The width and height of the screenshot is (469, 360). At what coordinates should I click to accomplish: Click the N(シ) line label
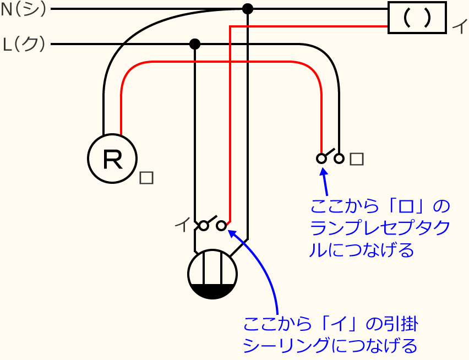pyautogui.click(x=24, y=9)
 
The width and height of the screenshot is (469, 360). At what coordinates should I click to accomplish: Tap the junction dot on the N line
pyautogui.click(x=248, y=9)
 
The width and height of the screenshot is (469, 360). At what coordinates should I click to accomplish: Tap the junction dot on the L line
pyautogui.click(x=194, y=44)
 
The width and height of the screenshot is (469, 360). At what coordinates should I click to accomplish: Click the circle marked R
pyautogui.click(x=112, y=159)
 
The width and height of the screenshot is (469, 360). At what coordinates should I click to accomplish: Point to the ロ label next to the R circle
pyautogui.click(x=146, y=178)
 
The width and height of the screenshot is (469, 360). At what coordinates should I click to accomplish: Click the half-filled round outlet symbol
pyautogui.click(x=212, y=274)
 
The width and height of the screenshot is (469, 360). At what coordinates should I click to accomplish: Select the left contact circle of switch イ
pyautogui.click(x=204, y=226)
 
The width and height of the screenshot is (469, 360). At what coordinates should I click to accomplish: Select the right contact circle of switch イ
pyautogui.click(x=221, y=226)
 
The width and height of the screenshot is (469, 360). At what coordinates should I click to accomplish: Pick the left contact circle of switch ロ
pyautogui.click(x=321, y=159)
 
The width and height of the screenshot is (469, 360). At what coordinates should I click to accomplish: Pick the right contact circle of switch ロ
pyautogui.click(x=339, y=159)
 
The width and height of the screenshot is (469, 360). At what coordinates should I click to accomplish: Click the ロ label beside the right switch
pyautogui.click(x=357, y=159)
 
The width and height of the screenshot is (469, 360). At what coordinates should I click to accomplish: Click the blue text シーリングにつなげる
pyautogui.click(x=330, y=346)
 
